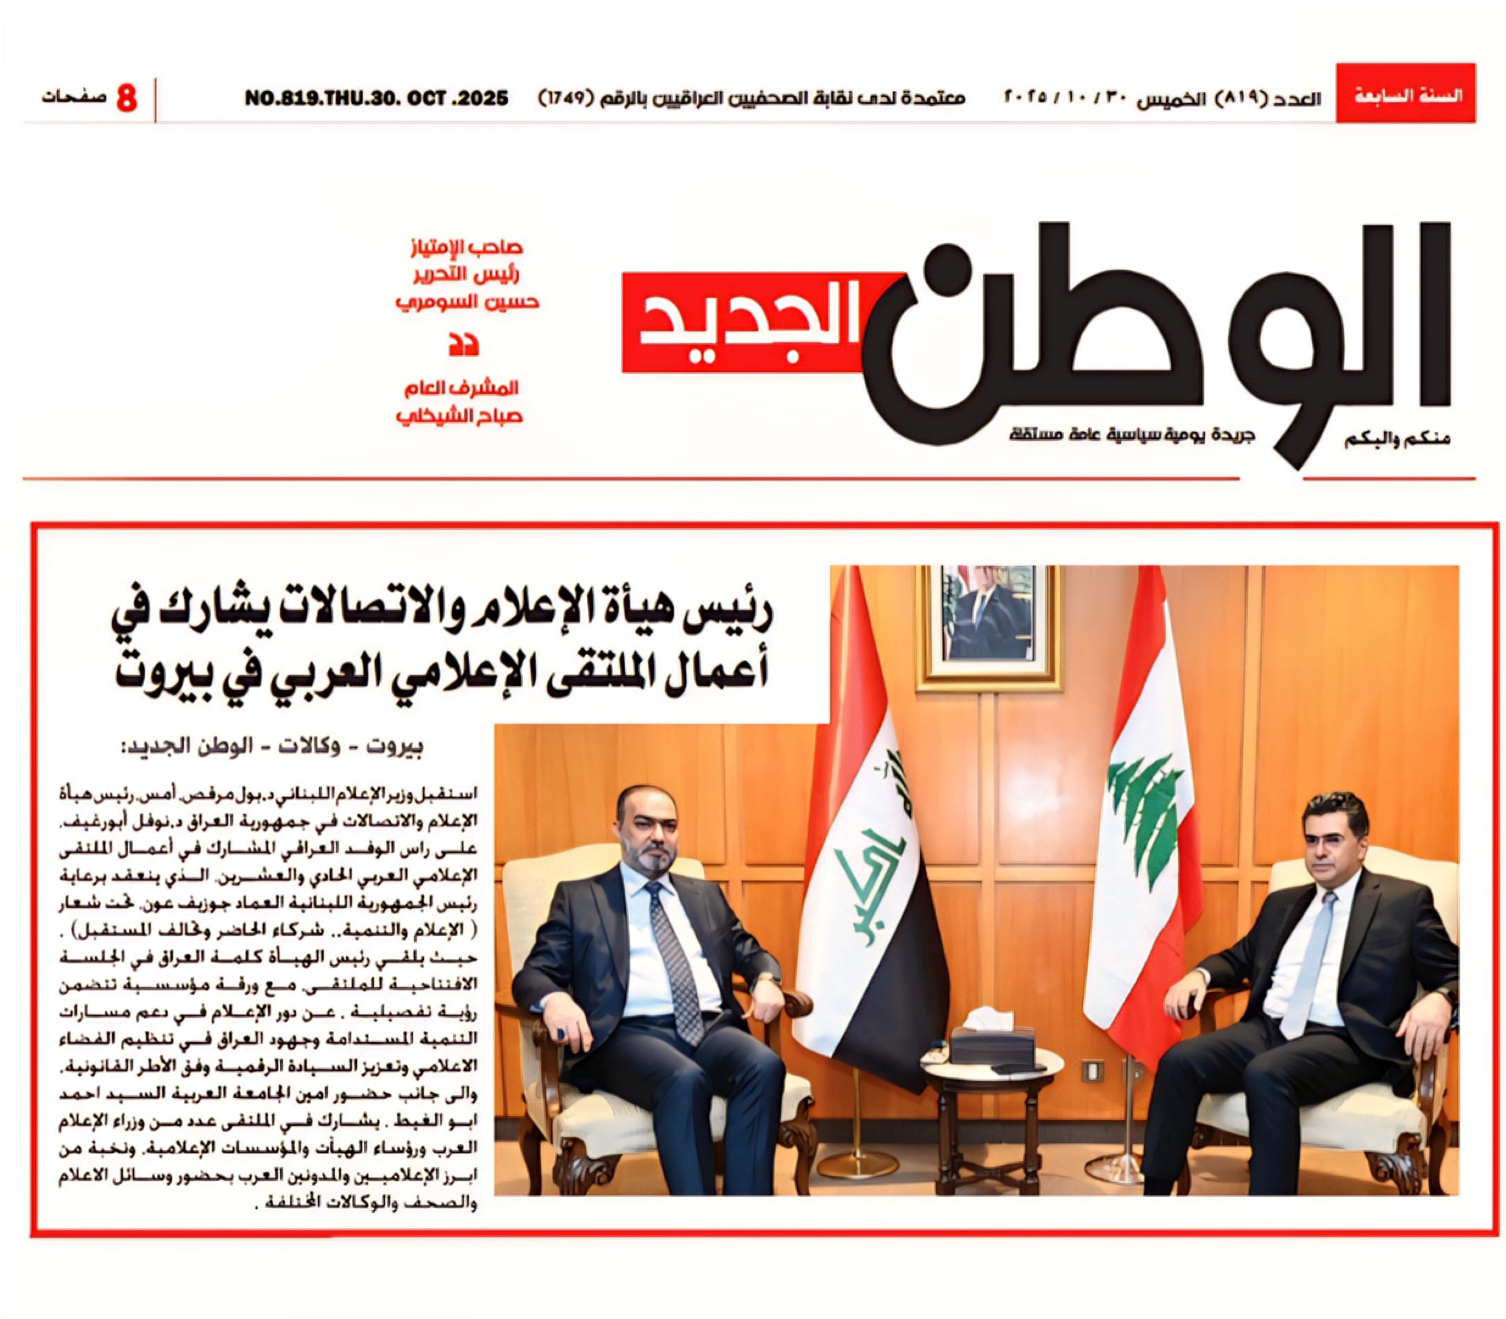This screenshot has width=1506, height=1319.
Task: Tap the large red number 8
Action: pos(126,98)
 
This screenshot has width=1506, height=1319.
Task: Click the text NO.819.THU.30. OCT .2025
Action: pos(376,98)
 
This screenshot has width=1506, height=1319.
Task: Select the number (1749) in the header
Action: pos(565,98)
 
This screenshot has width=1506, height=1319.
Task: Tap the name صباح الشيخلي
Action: pos(459,416)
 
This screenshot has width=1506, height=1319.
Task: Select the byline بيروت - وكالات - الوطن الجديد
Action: pos(272,747)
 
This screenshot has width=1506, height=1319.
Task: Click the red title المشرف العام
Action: pos(461,388)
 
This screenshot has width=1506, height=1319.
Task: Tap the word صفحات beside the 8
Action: pos(73,96)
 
